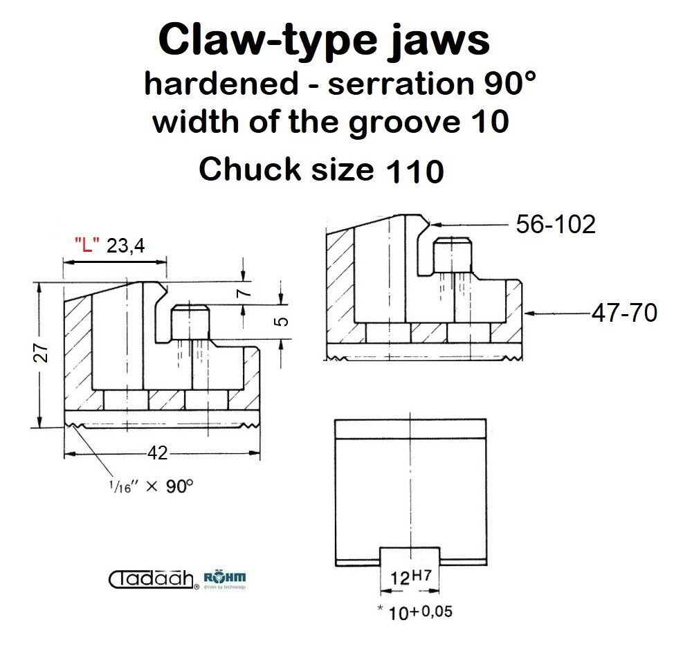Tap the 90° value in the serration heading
click(510, 84)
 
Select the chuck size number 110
click(415, 171)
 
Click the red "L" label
click(87, 244)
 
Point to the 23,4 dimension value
click(125, 246)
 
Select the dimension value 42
click(157, 453)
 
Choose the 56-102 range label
click(556, 224)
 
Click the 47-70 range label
click(625, 313)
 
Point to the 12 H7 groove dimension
click(410, 577)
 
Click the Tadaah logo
click(154, 579)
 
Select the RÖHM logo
click(225, 580)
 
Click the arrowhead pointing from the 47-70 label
click(529, 313)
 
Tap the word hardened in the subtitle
click(221, 83)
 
